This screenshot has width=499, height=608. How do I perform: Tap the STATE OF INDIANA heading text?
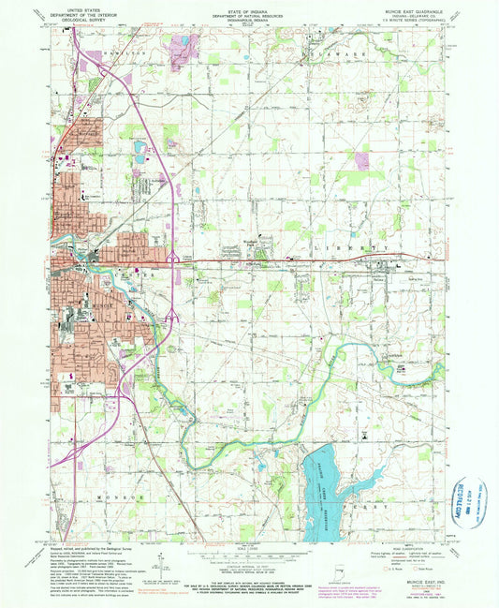pyautogui.click(x=249, y=7)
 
